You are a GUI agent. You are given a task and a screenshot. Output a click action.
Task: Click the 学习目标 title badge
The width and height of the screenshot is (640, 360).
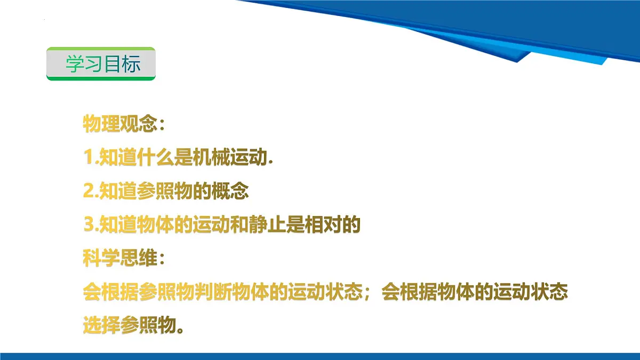click(101, 64)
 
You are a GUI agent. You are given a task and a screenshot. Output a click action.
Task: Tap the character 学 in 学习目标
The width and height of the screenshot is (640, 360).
click(74, 64)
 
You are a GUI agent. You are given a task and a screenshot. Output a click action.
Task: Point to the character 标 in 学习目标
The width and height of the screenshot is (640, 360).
click(131, 64)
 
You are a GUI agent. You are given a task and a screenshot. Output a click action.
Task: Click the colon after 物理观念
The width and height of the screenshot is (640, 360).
click(162, 126)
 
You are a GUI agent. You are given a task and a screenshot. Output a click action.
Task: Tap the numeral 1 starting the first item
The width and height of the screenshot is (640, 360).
click(89, 158)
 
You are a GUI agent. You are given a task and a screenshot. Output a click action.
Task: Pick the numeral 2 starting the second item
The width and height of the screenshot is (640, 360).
click(89, 191)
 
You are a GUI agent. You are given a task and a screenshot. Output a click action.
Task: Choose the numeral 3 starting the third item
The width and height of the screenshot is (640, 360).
click(89, 225)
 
